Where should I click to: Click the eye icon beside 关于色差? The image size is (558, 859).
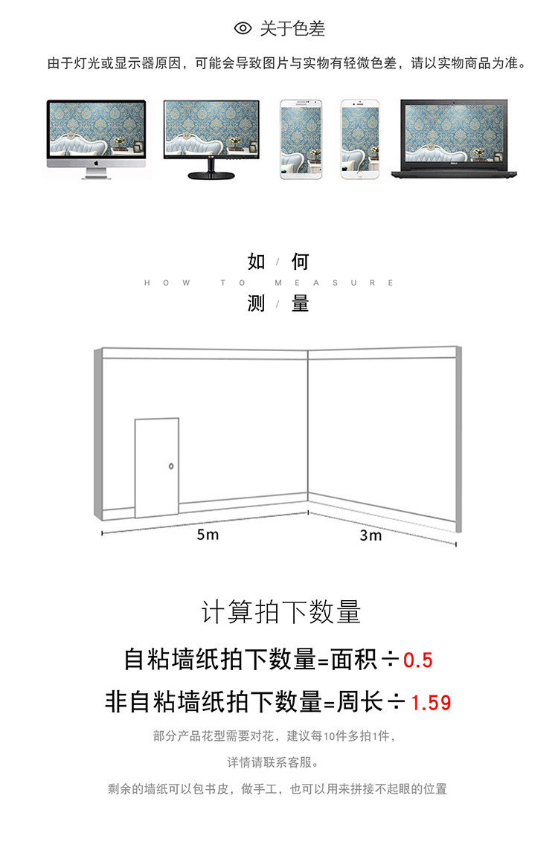point(243,29)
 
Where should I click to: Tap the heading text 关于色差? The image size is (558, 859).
point(292,29)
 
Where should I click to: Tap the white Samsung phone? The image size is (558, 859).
point(302,139)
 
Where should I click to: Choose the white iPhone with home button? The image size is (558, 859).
point(361,139)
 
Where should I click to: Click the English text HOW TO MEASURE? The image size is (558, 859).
point(269,283)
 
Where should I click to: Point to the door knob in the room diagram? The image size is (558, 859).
point(172,466)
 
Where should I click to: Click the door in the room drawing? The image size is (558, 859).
point(156,467)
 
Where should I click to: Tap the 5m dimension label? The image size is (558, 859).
point(208,535)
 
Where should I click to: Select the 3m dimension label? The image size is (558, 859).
point(371,535)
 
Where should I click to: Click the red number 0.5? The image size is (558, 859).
point(417,660)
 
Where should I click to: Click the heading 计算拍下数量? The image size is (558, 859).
point(281,612)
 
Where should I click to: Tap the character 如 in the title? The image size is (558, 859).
point(257,262)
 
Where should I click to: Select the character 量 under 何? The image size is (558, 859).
point(300,303)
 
